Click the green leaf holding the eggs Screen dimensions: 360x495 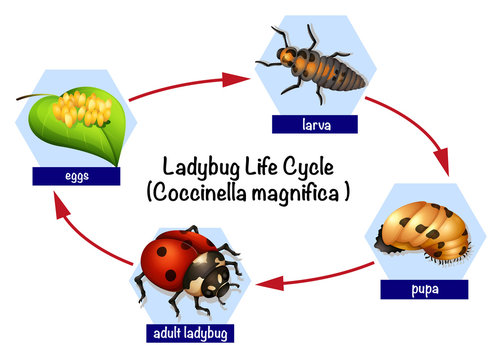point(100,135)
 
